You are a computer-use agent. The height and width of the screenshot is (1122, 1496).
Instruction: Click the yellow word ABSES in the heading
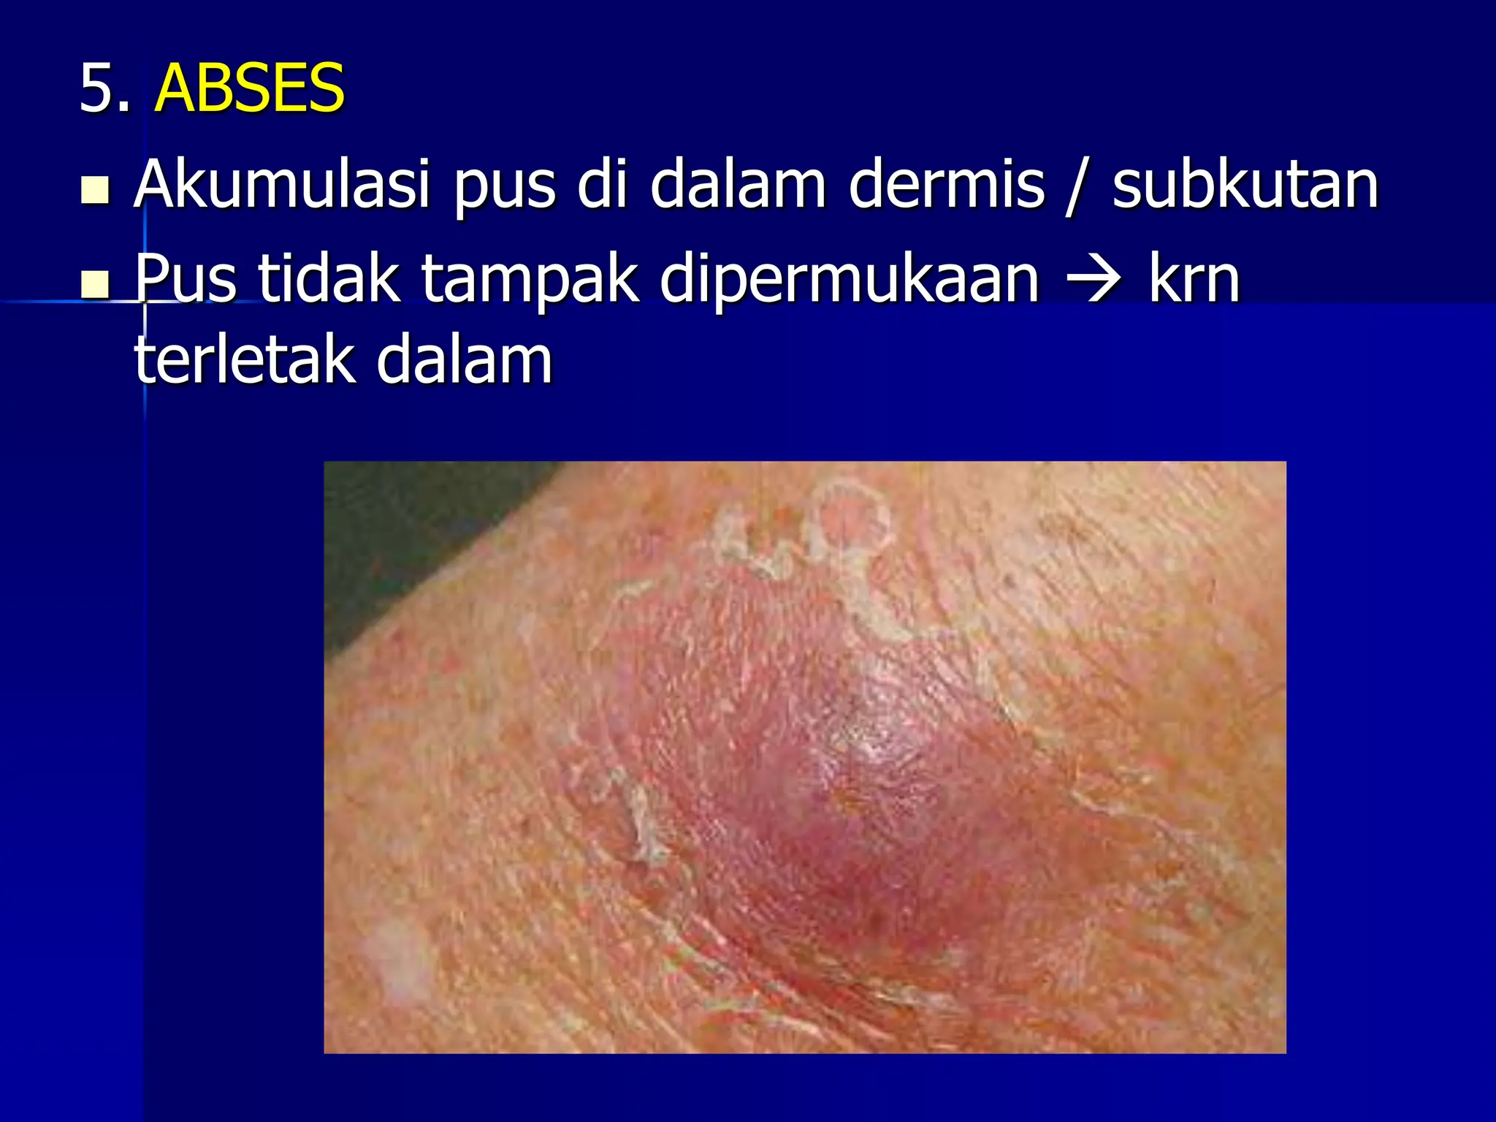tap(249, 89)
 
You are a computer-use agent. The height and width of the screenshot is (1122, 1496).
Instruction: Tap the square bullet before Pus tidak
tap(96, 285)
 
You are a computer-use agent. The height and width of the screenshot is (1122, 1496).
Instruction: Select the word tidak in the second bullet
tap(329, 279)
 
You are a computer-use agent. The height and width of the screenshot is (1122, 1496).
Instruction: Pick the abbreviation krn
tap(1195, 279)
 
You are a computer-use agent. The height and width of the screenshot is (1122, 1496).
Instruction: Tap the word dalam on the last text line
tap(465, 359)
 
